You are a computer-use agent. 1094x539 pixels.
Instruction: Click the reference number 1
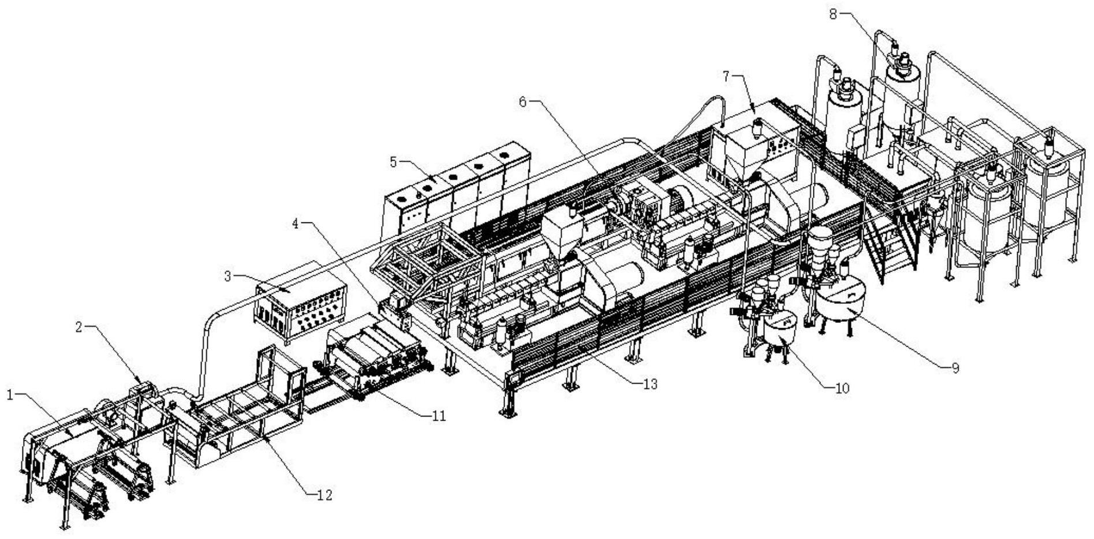click(x=9, y=395)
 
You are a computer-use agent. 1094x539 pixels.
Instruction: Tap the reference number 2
click(x=80, y=327)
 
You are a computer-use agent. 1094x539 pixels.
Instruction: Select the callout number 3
click(x=227, y=277)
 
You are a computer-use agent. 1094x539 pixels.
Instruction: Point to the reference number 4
click(x=296, y=224)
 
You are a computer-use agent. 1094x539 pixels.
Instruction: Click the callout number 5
click(x=393, y=162)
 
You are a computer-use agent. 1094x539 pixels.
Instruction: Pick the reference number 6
click(x=523, y=102)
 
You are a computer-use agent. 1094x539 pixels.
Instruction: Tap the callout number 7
click(x=726, y=75)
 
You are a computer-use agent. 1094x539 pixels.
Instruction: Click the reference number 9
click(x=955, y=368)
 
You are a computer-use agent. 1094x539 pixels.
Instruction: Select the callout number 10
click(x=842, y=388)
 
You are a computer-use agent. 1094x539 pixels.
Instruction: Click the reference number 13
click(x=650, y=384)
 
